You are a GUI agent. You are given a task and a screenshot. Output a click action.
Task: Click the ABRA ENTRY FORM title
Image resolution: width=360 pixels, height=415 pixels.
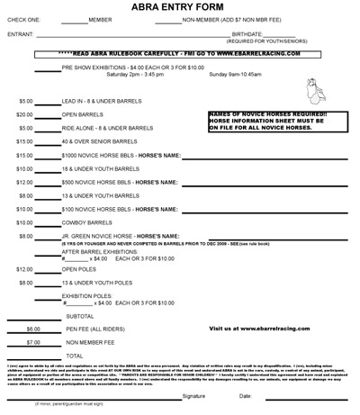click(180, 7)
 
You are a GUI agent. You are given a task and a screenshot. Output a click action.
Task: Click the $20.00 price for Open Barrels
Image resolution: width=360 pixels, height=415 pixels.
click(24, 114)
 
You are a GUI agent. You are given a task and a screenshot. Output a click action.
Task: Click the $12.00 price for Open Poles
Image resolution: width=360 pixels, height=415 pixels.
click(24, 268)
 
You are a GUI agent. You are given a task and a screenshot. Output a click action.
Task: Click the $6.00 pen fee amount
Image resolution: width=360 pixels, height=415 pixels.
click(24, 329)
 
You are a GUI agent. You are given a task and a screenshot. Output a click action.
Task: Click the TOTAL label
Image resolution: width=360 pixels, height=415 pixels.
click(74, 356)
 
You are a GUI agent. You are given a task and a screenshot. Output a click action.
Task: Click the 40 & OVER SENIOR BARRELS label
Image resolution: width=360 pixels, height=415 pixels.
click(97, 141)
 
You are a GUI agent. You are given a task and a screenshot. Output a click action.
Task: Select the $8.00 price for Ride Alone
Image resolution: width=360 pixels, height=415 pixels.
click(24, 128)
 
